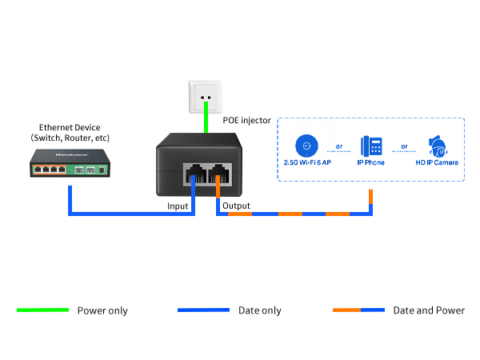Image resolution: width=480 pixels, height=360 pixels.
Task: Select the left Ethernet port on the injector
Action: coord(194,174)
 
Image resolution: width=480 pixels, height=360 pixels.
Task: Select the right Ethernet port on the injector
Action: coord(218,174)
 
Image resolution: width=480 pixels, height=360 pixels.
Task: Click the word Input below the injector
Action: coord(178,206)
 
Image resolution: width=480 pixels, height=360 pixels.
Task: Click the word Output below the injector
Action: coord(235,206)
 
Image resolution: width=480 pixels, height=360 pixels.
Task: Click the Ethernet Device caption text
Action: coord(70,133)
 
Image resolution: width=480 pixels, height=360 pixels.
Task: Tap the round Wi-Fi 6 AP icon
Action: coord(304,146)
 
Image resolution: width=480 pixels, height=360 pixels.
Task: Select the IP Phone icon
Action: coord(370,146)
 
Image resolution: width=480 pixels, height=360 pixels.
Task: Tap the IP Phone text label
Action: coord(370,162)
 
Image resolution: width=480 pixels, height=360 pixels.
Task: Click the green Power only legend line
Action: coord(42,310)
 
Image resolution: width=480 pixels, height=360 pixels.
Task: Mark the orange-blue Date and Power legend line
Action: coord(358,310)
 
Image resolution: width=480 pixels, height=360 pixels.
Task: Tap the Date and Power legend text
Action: coord(428,310)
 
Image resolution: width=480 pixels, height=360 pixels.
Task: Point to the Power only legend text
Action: coord(102,310)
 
